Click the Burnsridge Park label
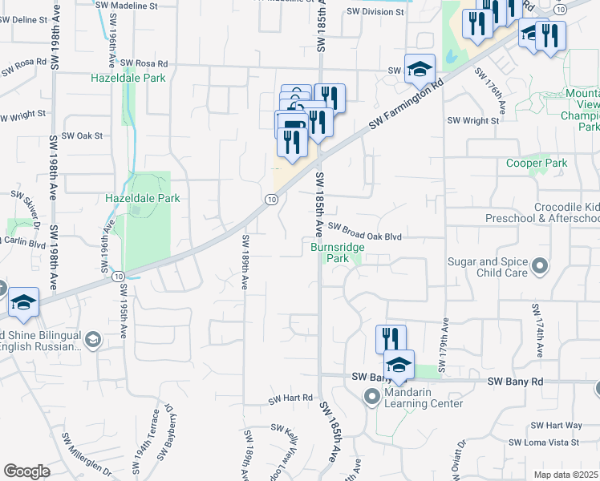[x=338, y=253]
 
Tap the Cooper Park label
[x=537, y=164]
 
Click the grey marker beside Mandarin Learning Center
[x=371, y=396]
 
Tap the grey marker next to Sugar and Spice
[x=541, y=265]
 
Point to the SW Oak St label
[x=84, y=135]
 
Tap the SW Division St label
[x=376, y=12]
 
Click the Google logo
[x=26, y=471]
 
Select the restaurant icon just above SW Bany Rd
[x=391, y=338]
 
